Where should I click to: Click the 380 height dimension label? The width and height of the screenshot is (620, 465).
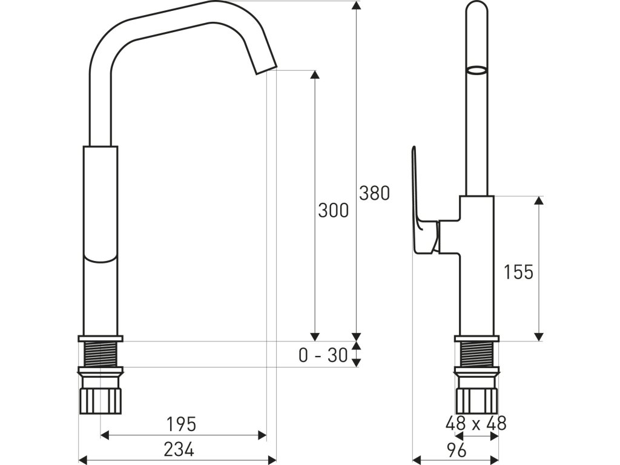tap(374, 193)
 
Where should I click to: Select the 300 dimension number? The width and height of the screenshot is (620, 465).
tap(333, 210)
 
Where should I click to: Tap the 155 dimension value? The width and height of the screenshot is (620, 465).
tap(518, 272)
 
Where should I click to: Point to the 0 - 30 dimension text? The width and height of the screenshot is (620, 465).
tap(323, 355)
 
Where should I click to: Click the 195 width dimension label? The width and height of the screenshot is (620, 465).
tap(182, 424)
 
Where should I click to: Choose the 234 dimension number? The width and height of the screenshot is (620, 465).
tap(179, 449)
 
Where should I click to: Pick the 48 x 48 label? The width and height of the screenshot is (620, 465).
tap(476, 423)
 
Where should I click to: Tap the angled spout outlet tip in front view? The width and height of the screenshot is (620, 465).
tap(265, 67)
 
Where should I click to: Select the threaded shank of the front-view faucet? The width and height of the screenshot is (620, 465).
tap(101, 354)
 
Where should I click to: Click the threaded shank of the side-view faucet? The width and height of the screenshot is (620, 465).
tap(477, 354)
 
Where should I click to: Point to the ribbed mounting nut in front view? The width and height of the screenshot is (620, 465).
tap(101, 400)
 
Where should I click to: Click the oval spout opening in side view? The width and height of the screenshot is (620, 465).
tap(477, 70)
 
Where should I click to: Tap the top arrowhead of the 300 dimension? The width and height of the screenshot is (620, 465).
tap(314, 75)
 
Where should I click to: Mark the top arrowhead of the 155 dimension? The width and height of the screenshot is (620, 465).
tap(538, 200)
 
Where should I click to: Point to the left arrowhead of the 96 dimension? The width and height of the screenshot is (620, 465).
tap(416, 458)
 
